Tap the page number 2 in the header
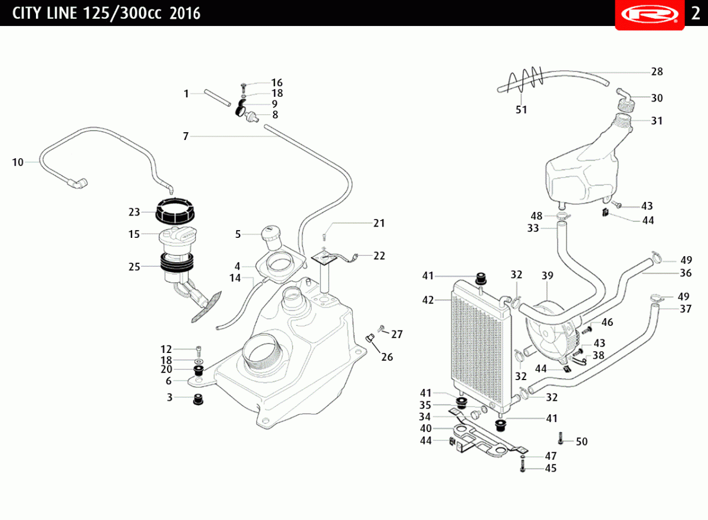(696, 14)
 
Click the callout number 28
(657, 72)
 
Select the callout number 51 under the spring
(522, 109)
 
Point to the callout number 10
(18, 162)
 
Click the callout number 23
(134, 212)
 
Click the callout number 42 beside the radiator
(428, 300)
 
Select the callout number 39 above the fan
(548, 276)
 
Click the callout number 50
(582, 441)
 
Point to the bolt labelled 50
(560, 439)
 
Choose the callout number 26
(386, 357)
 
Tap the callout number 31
(657, 120)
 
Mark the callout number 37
(686, 309)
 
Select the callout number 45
(550, 469)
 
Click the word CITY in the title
(27, 13)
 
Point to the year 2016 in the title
(185, 13)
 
